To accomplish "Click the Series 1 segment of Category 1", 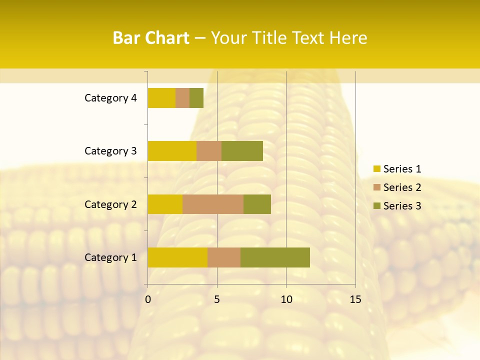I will tap(177, 257).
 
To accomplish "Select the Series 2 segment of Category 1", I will tap(224, 257).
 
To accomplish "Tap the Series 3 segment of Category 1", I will tap(275, 257).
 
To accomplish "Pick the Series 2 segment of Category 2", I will tap(213, 204).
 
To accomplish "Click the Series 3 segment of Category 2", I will tap(257, 204).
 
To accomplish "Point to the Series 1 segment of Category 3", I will tap(172, 151).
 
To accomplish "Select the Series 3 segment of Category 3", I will tap(242, 151).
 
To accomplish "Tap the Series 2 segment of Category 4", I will tap(182, 98).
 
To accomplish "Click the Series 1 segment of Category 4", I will tap(161, 98).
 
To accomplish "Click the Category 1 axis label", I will tap(110, 257).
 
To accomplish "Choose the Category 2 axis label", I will tap(110, 204).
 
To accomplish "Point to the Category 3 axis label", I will tap(110, 151).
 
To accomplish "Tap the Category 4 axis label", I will tap(110, 98).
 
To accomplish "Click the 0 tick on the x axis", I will tap(148, 299).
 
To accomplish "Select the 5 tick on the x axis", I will tap(217, 299).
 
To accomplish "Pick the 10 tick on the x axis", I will tap(286, 299).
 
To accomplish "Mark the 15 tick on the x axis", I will tap(355, 299).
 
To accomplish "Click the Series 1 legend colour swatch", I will tap(376, 169).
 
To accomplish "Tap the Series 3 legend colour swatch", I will tap(376, 206).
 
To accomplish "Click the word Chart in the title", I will tap(168, 38).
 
